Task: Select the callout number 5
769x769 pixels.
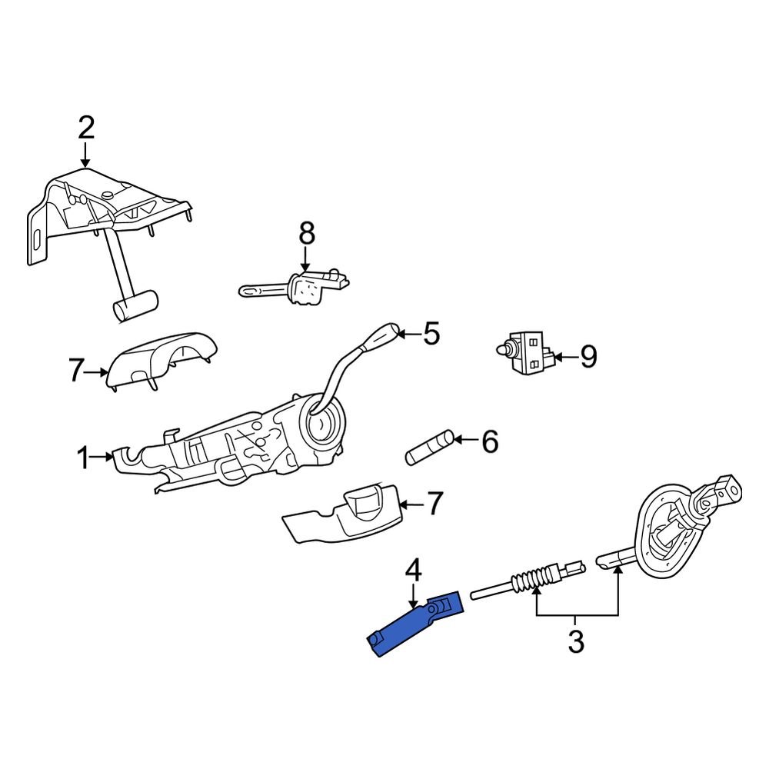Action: point(431,335)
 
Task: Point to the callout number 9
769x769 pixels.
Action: point(588,357)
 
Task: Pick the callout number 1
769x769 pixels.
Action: point(82,459)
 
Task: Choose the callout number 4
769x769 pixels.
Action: point(413,571)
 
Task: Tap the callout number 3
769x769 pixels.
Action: point(576,641)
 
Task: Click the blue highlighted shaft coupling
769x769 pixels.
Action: point(415,623)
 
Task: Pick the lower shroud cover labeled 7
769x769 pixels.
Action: point(342,515)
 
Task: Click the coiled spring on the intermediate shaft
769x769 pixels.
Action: point(530,581)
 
